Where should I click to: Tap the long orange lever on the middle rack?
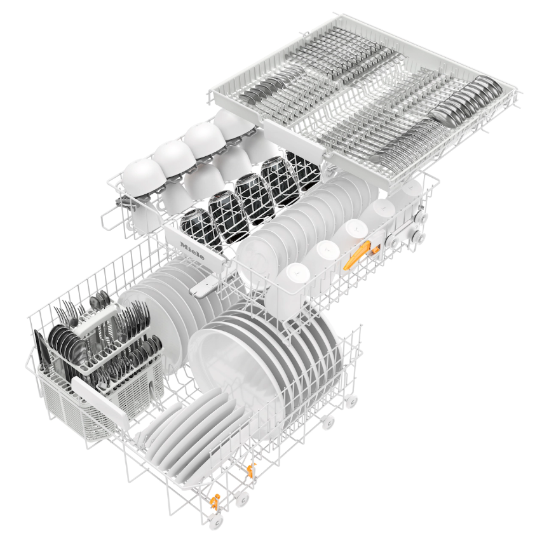tap(357, 253)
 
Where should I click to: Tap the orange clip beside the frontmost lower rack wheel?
tap(215, 502)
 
